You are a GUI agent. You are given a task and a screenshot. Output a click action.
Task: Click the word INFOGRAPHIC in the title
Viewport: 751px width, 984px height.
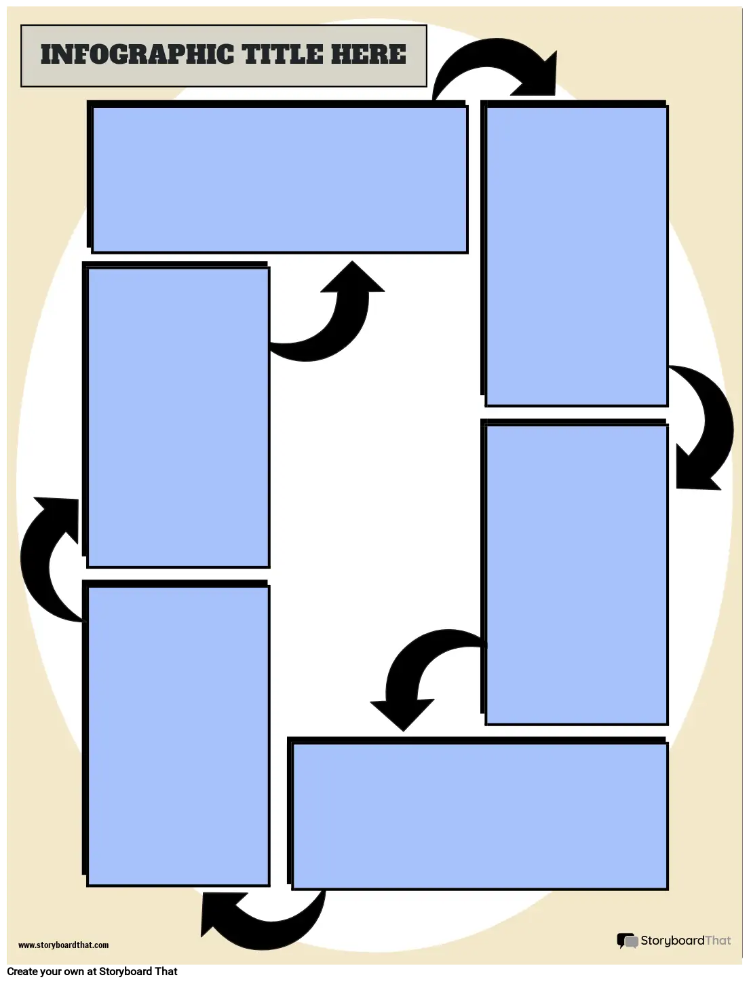click(137, 54)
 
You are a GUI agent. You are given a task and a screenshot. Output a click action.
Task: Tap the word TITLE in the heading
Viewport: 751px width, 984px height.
click(282, 54)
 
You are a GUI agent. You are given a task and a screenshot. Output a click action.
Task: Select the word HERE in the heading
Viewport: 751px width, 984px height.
click(368, 54)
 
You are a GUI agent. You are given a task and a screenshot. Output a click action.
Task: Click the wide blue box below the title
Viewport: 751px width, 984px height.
click(280, 179)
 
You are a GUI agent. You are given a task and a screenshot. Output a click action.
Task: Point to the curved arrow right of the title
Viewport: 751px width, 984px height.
click(488, 53)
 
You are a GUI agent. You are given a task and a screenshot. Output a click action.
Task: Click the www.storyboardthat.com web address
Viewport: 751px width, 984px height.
click(64, 945)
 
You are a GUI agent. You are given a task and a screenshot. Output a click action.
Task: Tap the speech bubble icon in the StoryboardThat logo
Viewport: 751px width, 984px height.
click(628, 941)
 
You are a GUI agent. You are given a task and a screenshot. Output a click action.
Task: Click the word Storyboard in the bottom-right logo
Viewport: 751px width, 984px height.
click(672, 940)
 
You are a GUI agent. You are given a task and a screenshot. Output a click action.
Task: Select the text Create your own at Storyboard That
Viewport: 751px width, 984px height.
click(92, 972)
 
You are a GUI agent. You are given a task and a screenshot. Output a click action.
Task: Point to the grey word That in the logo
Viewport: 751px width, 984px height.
click(718, 940)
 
